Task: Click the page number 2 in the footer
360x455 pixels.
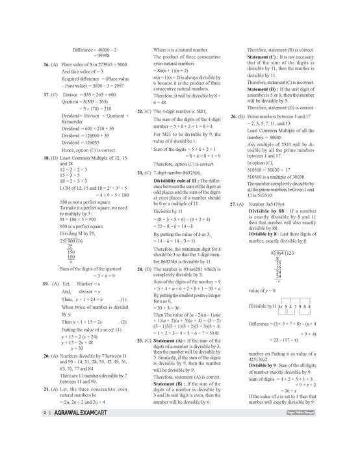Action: tap(24, 449)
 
